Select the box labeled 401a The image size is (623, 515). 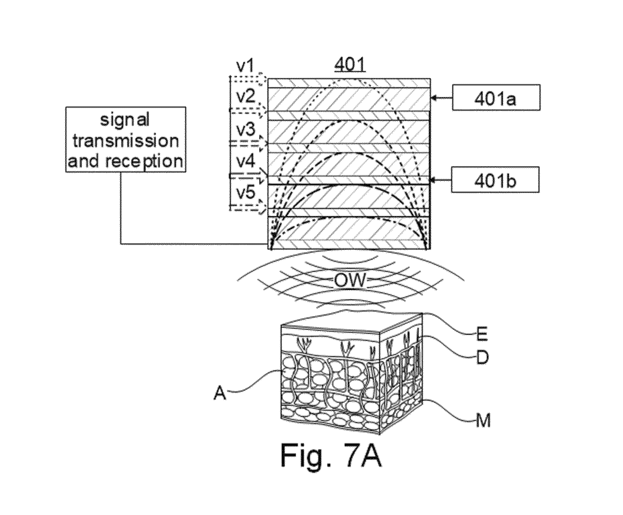[x=496, y=98]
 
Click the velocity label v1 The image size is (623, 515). [x=245, y=66]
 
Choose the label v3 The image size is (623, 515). [x=246, y=130]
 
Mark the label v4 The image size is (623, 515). [x=246, y=161]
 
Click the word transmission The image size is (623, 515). [x=126, y=140]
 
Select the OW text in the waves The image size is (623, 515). [x=350, y=281]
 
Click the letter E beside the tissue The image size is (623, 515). [x=482, y=334]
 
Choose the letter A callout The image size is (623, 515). [x=220, y=392]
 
